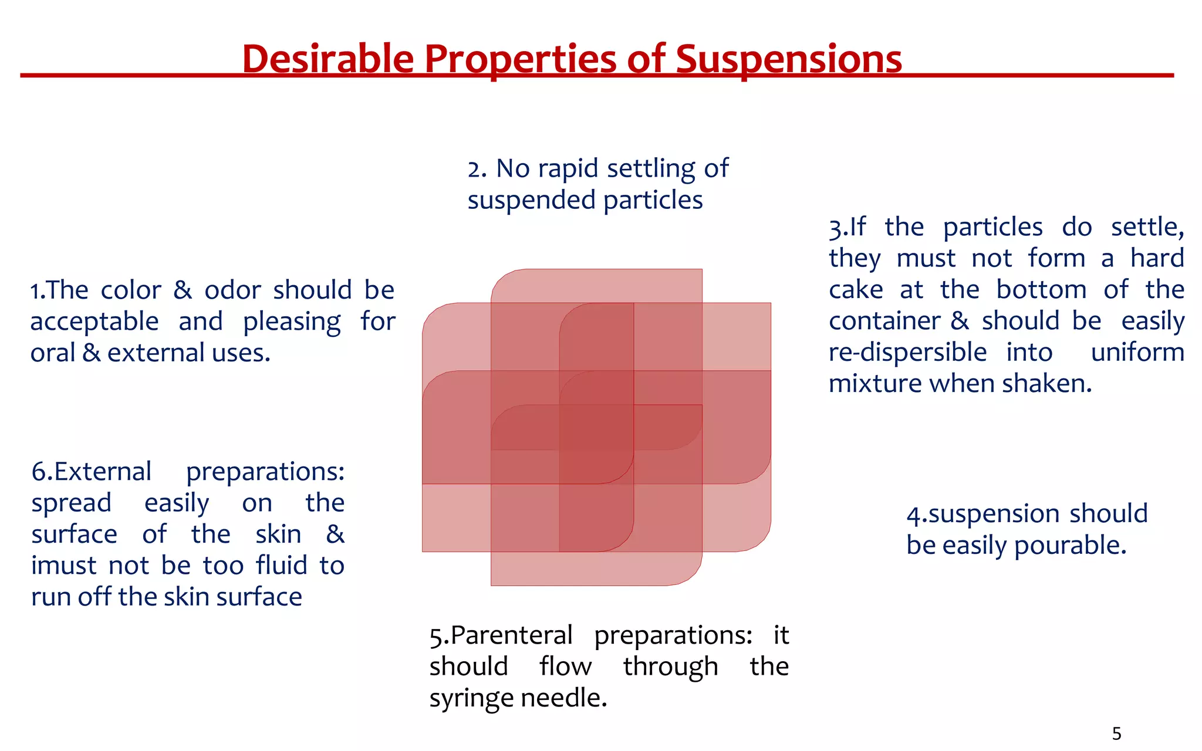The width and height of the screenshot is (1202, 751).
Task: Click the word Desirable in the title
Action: pos(327,59)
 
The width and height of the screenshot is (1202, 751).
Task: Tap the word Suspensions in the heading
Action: pos(788,59)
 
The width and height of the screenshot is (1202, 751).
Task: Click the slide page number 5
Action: pos(1116,733)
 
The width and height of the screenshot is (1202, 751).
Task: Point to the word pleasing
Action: pos(292,322)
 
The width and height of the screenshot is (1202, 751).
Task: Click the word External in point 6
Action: pos(102,472)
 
